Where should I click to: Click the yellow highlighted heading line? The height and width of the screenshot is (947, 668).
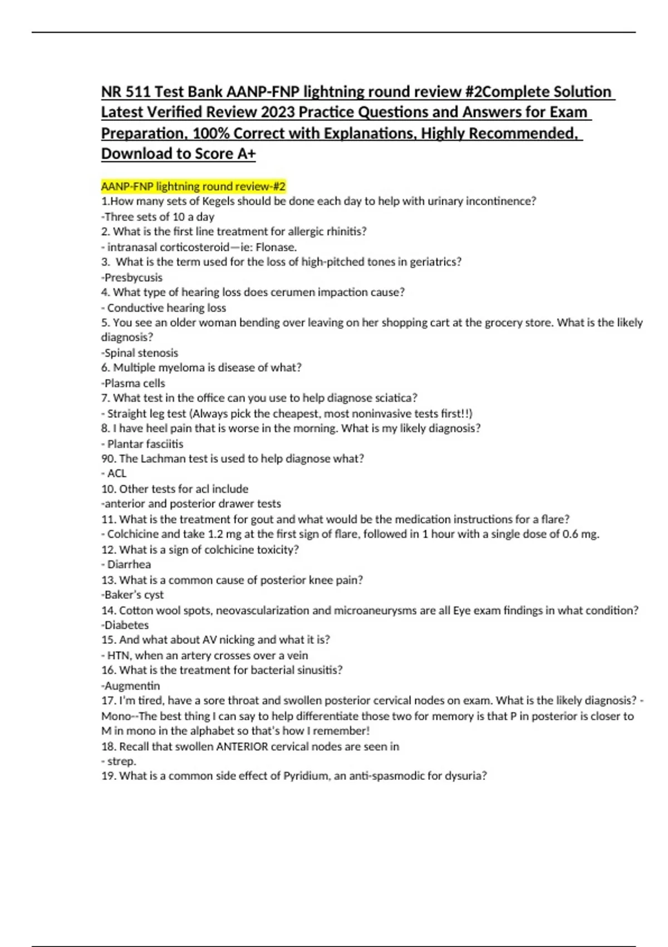coord(193,186)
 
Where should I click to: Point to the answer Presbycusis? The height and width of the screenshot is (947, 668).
coord(133,277)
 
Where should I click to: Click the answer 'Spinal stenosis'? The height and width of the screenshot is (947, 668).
coord(141,353)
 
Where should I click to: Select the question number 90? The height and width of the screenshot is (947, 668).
coord(108,458)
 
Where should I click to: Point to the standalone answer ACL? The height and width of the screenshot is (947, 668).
coord(117,473)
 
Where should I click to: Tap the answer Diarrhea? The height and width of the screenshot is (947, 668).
coord(129,564)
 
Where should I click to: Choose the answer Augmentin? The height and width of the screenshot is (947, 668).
coord(132,686)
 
